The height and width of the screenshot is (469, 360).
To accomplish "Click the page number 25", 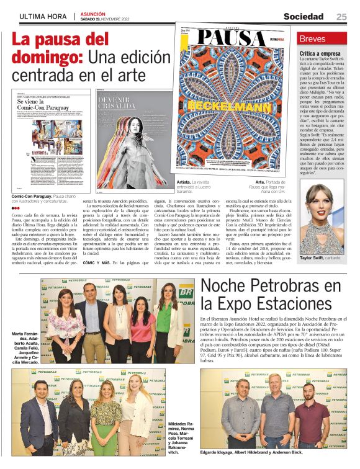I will (341, 17).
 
